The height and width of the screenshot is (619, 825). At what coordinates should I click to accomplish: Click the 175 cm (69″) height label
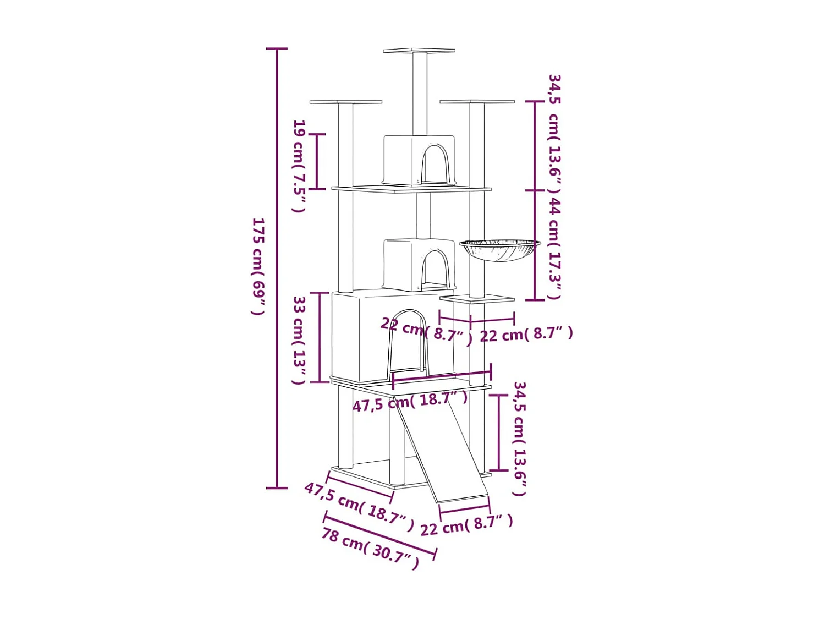258,266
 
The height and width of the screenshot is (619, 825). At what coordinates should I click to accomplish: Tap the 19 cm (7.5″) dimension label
300,166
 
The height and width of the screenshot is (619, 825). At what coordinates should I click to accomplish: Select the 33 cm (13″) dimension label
300,340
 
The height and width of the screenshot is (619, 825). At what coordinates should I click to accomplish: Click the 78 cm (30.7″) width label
370,549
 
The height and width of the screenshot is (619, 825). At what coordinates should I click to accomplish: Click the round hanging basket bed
499,250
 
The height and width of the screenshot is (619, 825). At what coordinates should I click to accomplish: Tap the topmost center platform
419,51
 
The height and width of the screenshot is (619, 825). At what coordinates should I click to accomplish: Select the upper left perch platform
346,101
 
